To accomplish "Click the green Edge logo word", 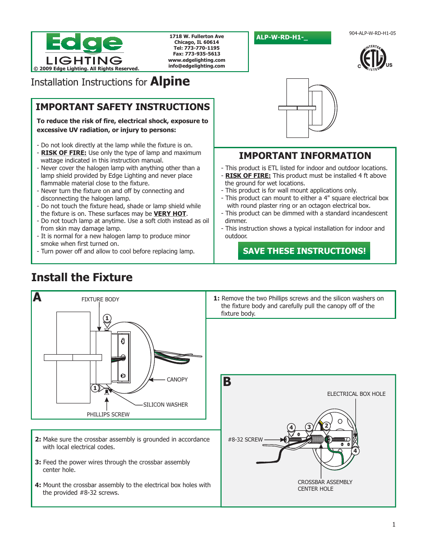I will pos(84,43).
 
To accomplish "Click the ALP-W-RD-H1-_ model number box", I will pos(292,38).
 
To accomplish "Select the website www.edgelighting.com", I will pos(196,60).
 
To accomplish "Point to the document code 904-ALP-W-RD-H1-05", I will pos(372,33).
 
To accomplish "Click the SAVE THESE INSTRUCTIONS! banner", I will pos(304,251).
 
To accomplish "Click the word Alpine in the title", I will pos(170,81).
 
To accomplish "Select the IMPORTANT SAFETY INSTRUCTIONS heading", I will pos(123,107).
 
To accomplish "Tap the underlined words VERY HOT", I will pos(170,214).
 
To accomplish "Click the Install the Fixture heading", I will pos(82,278).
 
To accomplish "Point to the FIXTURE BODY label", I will pos(100,300).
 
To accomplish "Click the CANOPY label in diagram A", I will pos(177,380).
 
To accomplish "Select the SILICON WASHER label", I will pos(166,405).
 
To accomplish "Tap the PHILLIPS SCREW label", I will pos(108,415).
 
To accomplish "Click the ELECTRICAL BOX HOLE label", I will pos(356,394).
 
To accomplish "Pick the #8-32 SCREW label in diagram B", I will pos(245,440).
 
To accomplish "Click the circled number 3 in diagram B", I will pos(309,427).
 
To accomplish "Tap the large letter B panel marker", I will pos(227,382).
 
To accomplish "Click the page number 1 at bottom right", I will pos(394,524).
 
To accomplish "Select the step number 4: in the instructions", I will pos(38,485).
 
